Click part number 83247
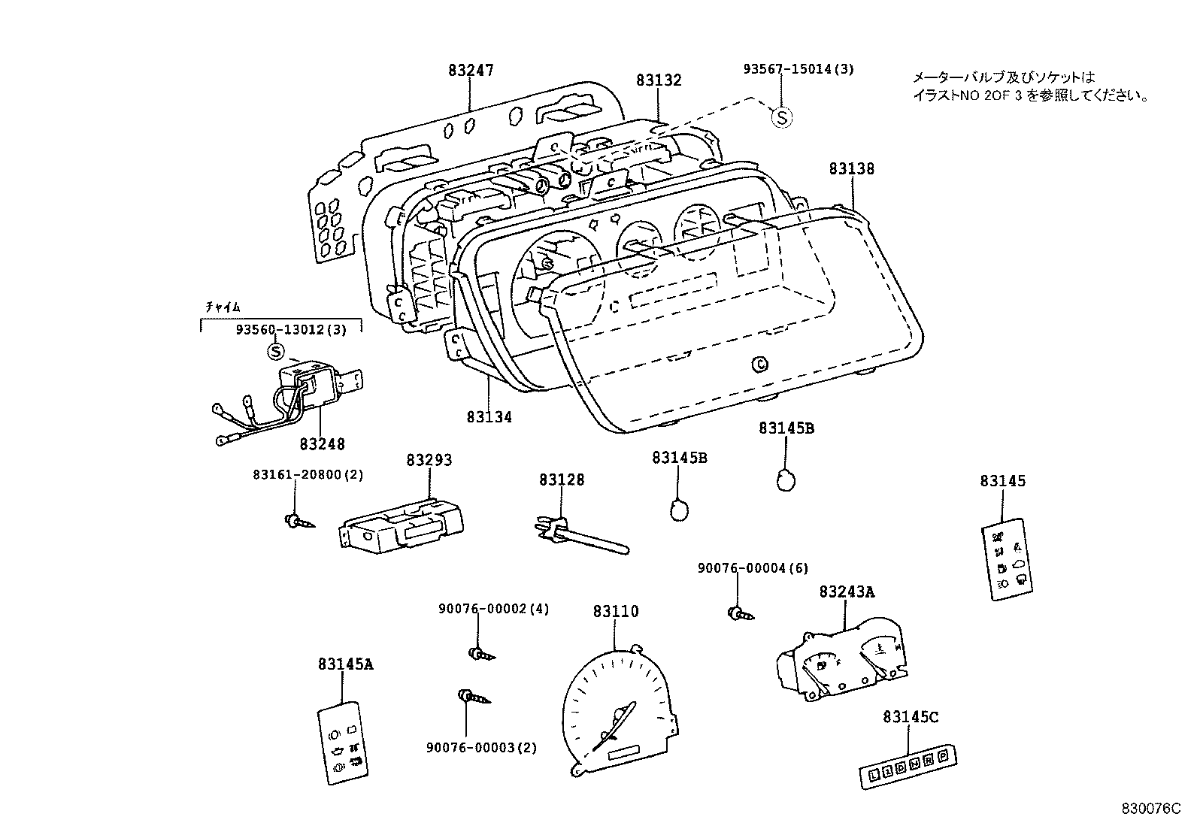click(471, 71)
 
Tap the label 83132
click(658, 80)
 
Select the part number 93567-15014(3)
click(799, 69)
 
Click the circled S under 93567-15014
click(782, 117)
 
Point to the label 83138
click(852, 169)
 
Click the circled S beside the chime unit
click(276, 351)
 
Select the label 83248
click(322, 444)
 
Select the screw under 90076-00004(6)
click(738, 614)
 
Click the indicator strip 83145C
click(908, 767)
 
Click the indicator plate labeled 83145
click(1008, 558)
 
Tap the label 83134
click(489, 416)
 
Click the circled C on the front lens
click(760, 365)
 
